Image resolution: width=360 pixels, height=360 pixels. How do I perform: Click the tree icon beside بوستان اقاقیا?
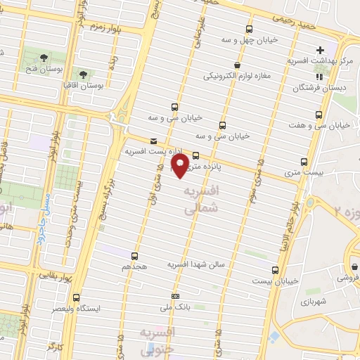[x=82, y=73]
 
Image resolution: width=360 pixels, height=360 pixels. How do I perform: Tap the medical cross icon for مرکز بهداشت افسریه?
[x=320, y=50]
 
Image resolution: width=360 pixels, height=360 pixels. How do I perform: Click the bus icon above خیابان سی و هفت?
[x=320, y=114]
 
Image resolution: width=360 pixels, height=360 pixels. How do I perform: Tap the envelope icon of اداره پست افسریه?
[x=153, y=141]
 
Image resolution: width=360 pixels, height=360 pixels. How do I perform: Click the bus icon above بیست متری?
[x=304, y=161]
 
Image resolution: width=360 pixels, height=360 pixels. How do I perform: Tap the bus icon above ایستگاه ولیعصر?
[x=77, y=297]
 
